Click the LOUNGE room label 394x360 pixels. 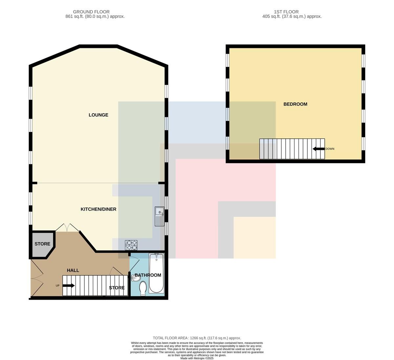tap(98, 115)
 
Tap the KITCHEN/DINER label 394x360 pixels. tap(98, 209)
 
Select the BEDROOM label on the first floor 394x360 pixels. tap(295, 104)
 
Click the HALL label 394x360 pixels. tap(73, 270)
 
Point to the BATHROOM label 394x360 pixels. tap(148, 275)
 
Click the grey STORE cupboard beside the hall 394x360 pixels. tap(42, 244)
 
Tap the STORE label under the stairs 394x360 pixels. tap(117, 288)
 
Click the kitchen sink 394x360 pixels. tap(160, 216)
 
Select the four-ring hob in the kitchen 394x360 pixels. tap(131, 245)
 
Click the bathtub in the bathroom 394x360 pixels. tap(156, 273)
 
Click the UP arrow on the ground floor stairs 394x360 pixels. tap(69, 286)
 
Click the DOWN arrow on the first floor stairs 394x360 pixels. tap(318, 149)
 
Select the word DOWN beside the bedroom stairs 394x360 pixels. tap(330, 149)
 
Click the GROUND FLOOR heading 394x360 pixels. tap(91, 12)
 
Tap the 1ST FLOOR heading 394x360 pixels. tap(286, 12)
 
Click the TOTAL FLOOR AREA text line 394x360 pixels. tap(197, 338)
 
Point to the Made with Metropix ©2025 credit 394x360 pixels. tap(197, 358)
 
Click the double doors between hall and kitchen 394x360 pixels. tap(67, 228)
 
